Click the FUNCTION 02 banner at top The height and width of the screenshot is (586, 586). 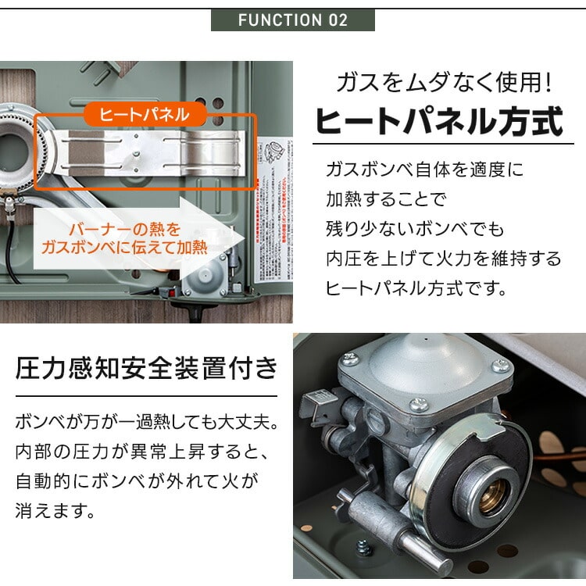(293, 19)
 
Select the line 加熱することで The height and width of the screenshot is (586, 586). (386, 199)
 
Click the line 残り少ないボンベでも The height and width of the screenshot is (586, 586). (415, 229)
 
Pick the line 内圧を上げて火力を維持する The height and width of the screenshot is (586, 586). (443, 259)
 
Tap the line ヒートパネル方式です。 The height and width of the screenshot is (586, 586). (416, 288)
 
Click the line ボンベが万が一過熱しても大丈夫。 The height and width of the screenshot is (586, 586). (146, 423)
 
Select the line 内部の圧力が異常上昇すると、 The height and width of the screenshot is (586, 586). (141, 452)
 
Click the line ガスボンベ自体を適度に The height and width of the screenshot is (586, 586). (424, 170)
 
